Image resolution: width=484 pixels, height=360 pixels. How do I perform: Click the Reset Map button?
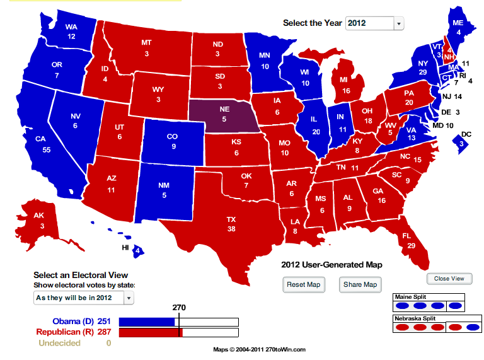[x=304, y=284]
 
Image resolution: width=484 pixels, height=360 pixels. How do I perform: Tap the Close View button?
[x=449, y=279]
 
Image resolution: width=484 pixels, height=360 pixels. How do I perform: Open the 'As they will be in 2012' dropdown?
[x=83, y=297]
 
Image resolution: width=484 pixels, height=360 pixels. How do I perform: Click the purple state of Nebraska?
[x=224, y=114]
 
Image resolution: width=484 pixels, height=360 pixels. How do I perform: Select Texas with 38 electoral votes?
[x=231, y=224]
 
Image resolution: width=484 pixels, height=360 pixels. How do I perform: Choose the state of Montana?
[x=146, y=47]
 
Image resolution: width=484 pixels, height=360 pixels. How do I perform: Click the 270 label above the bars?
[x=180, y=308]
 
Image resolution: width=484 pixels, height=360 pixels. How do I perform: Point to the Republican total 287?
[x=104, y=332]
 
